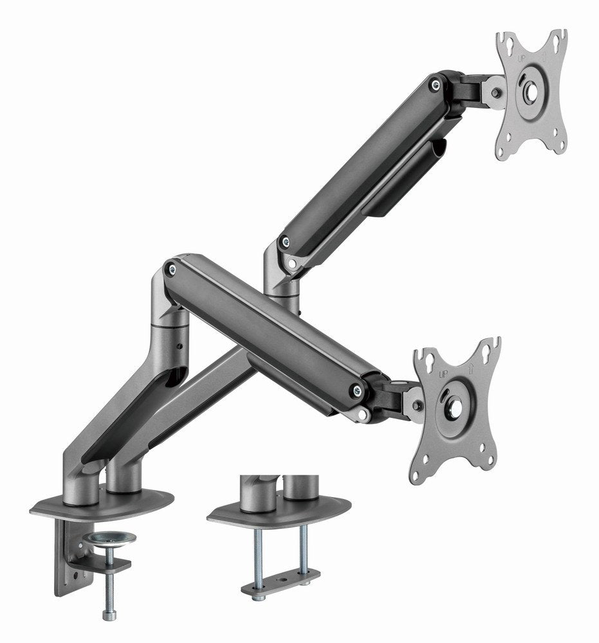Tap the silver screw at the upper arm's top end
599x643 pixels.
pos(437,83)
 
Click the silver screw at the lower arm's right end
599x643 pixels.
pos(355,388)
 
